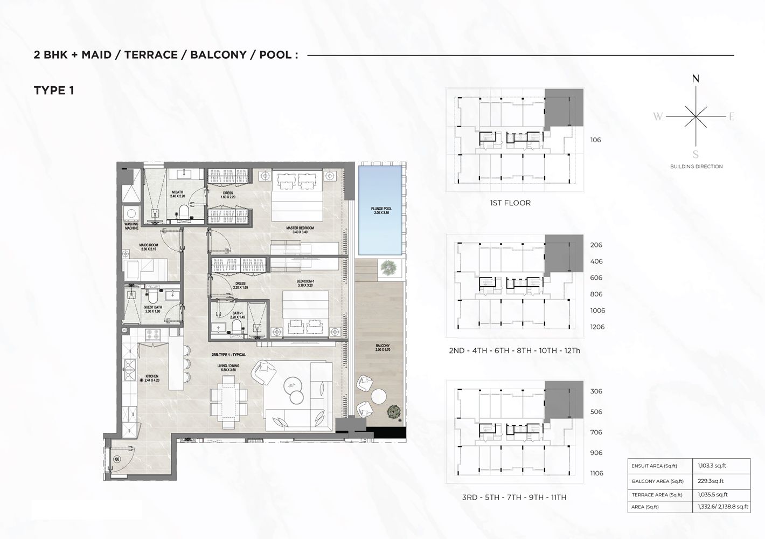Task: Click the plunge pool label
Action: click(380, 210)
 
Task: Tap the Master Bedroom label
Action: click(300, 230)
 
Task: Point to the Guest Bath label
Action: click(152, 309)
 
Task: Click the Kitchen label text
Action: click(152, 378)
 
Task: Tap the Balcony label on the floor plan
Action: click(382, 348)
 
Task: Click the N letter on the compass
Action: click(696, 79)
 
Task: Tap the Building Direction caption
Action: click(696, 167)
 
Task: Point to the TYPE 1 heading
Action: click(54, 91)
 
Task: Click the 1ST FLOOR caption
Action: click(510, 203)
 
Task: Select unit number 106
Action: click(595, 140)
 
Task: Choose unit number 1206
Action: click(597, 327)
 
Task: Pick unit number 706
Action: click(596, 432)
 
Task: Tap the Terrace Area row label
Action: click(657, 495)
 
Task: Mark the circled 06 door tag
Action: click(117, 459)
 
